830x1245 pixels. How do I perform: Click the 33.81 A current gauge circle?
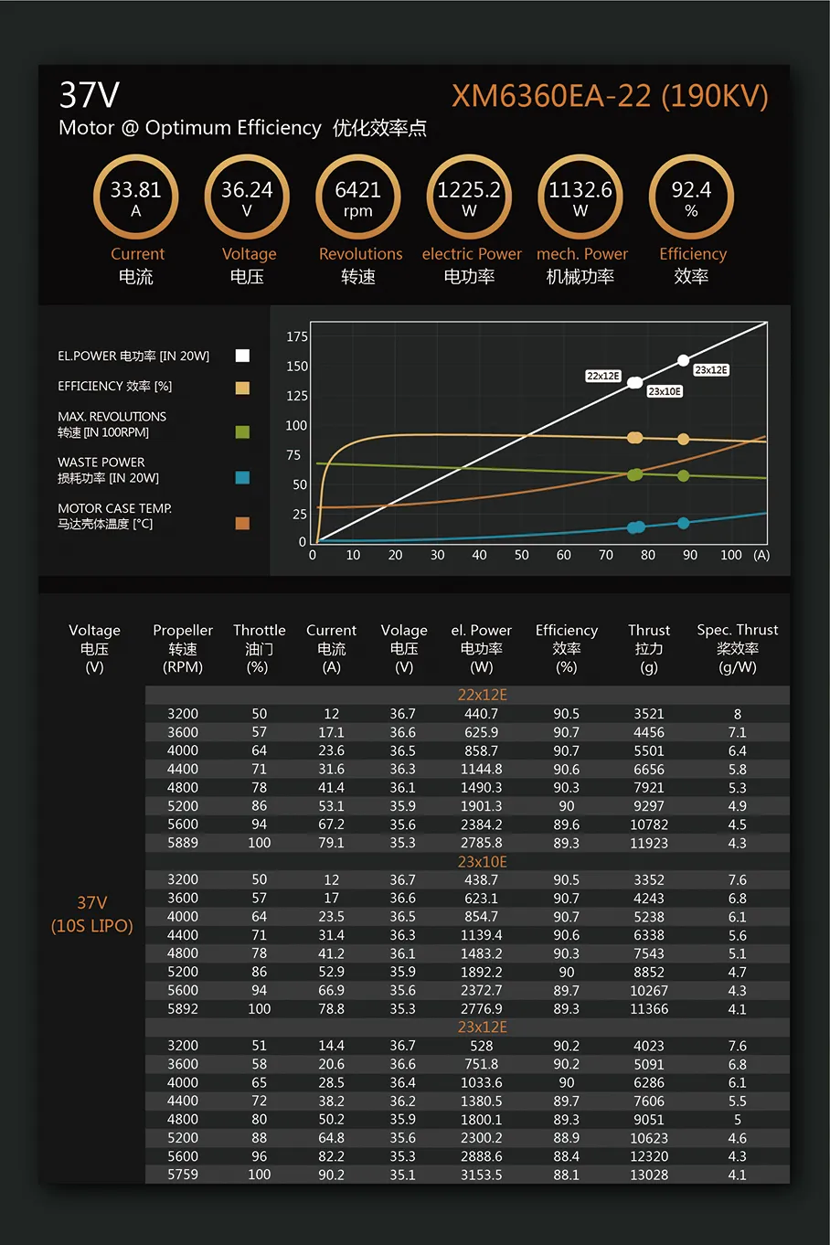135,197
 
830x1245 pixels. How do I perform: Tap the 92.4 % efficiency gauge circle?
691,197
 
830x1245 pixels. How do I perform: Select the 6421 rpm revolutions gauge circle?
357,197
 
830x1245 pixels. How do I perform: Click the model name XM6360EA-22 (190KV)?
610,96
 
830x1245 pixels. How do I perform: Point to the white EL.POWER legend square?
242,356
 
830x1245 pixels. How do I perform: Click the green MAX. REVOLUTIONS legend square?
242,431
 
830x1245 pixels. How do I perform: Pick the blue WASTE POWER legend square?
242,477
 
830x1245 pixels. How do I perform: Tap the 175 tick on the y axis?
297,336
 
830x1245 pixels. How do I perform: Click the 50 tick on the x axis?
521,555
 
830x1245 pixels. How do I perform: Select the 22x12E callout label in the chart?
603,376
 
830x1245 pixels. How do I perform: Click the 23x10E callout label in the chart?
665,391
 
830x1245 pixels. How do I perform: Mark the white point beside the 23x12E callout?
683,360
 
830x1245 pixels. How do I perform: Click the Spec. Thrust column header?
738,648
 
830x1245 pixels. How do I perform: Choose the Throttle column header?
259,648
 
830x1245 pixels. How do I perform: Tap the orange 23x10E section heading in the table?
482,861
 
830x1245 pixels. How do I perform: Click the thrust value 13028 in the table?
649,1175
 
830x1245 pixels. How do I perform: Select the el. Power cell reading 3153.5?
481,1175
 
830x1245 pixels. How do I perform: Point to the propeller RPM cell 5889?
183,843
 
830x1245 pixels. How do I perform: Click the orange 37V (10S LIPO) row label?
91,914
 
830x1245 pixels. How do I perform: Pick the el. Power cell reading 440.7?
481,714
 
